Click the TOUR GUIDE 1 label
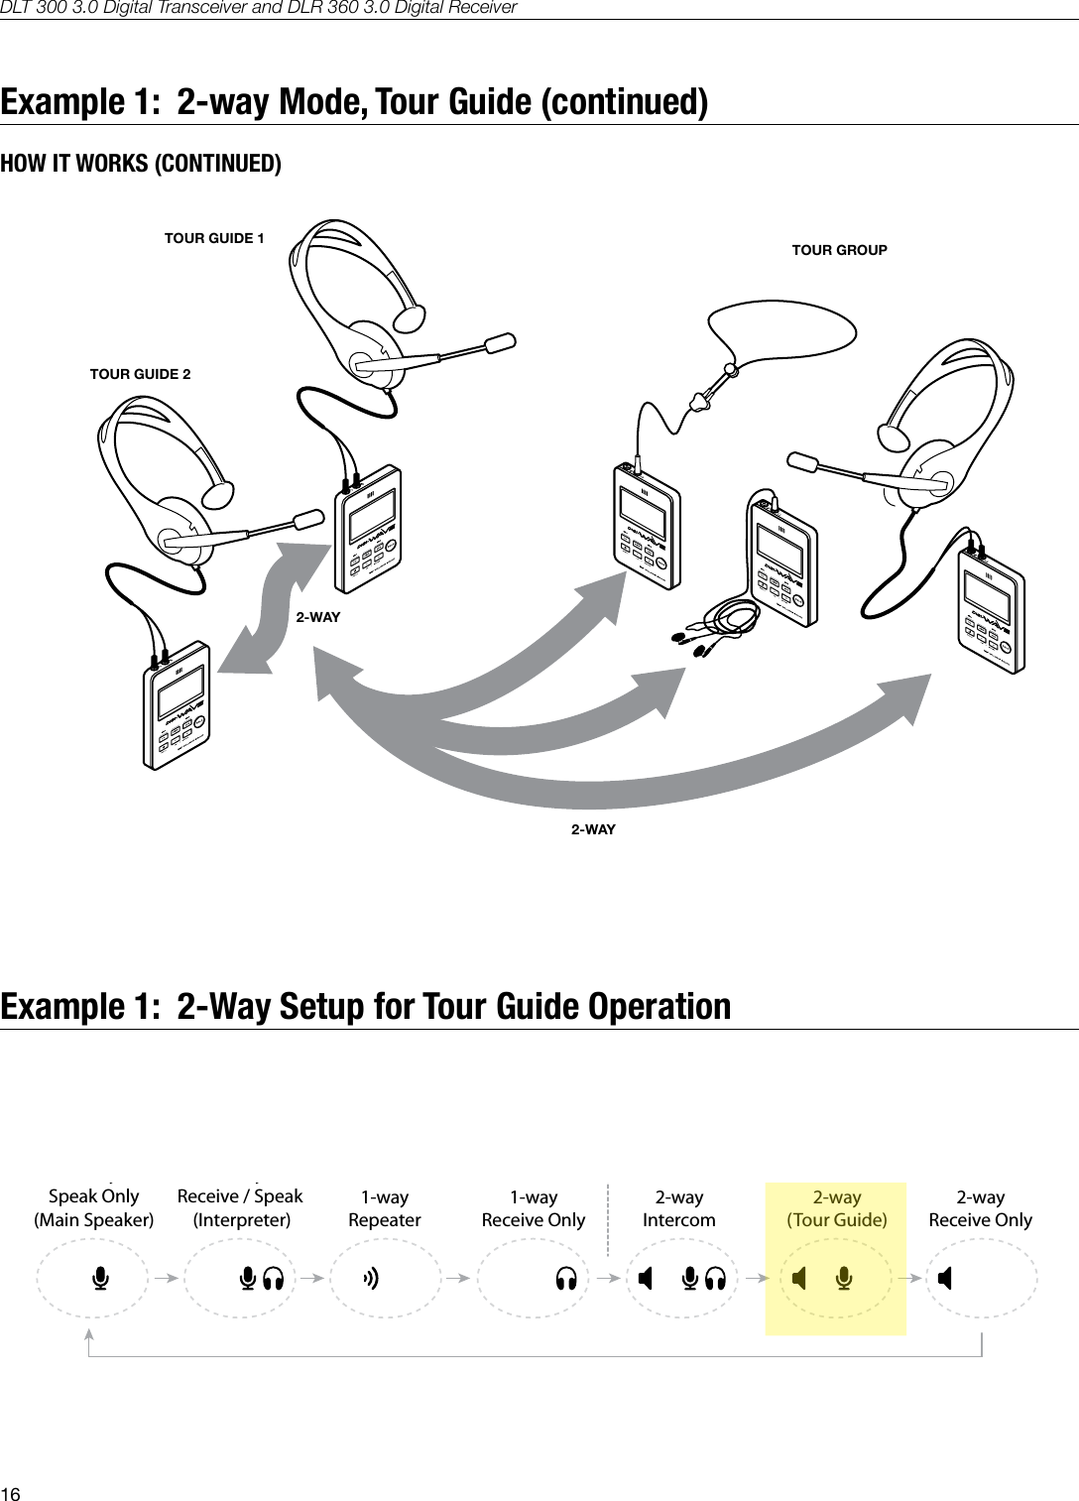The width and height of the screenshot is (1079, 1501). point(214,238)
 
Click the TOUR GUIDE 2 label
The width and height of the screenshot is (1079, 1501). point(140,374)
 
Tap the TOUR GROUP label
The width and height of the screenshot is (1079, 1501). point(839,250)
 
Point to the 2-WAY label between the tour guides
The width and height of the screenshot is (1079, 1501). point(318,617)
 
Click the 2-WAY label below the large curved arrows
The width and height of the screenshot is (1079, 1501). point(593,829)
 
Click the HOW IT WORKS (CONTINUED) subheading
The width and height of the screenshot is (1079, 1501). point(141,163)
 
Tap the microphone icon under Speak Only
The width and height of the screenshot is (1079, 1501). point(99,1279)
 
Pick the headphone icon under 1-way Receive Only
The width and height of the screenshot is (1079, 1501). point(566,1279)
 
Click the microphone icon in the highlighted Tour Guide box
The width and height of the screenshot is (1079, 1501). point(844,1279)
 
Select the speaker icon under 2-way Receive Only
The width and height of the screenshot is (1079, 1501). point(945,1279)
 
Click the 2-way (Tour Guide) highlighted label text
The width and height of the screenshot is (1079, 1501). point(836,1208)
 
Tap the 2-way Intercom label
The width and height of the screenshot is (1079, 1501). point(678,1208)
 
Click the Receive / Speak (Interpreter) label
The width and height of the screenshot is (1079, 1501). point(240,1207)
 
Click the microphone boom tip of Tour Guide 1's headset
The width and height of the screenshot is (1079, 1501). point(500,342)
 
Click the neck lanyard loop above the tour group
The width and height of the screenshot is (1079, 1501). point(783,321)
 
